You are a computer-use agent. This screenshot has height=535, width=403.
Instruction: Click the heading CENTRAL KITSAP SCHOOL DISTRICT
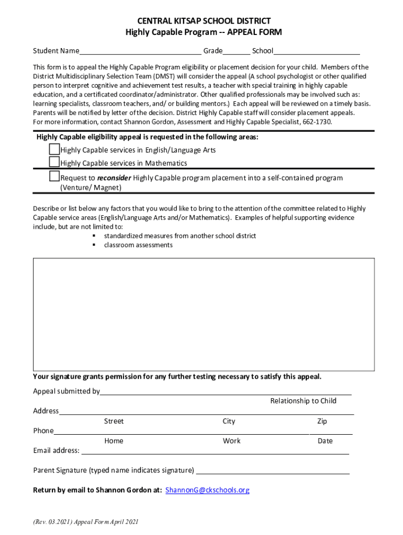click(x=204, y=21)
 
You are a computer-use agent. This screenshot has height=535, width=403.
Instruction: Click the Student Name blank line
click(x=140, y=51)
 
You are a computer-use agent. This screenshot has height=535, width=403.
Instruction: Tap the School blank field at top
click(x=317, y=51)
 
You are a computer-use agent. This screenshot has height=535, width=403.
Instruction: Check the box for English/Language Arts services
click(x=54, y=149)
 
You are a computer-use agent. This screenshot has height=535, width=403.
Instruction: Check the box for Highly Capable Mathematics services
click(x=54, y=162)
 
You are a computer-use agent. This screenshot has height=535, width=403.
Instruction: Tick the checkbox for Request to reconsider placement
click(x=54, y=177)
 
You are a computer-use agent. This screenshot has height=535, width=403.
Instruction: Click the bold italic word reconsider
click(x=114, y=178)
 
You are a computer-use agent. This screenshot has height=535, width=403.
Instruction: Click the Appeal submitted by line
click(x=225, y=392)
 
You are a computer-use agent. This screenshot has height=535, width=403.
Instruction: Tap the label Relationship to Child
click(x=303, y=401)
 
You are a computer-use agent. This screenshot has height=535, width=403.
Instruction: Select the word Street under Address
click(x=114, y=422)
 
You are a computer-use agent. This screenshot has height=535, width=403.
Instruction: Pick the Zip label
click(x=322, y=422)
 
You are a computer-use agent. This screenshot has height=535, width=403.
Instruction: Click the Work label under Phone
click(x=231, y=441)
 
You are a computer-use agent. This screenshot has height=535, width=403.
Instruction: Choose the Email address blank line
click(x=215, y=451)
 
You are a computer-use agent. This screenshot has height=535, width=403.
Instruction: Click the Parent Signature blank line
click(x=272, y=471)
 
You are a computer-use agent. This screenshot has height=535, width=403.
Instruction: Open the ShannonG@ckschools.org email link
click(x=207, y=490)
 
